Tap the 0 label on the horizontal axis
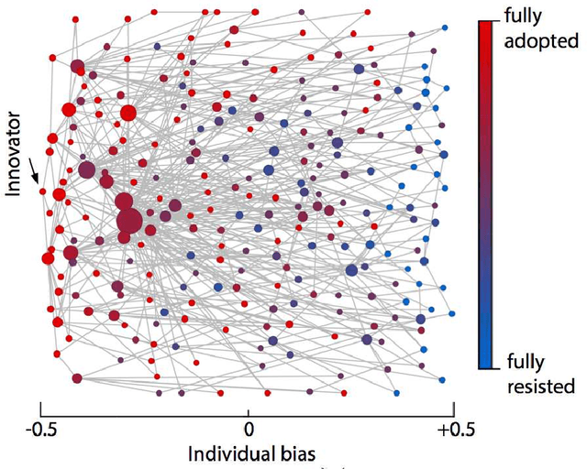(x=248, y=428)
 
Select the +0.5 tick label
(x=456, y=428)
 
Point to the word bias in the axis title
(x=295, y=453)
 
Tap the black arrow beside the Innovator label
(x=34, y=169)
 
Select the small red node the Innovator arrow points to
(x=40, y=190)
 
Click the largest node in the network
(x=129, y=221)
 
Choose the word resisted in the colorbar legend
(x=541, y=386)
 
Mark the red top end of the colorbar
(x=485, y=25)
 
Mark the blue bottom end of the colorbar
(x=485, y=364)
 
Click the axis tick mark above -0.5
(x=39, y=409)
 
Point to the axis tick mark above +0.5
(x=455, y=409)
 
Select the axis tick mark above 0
(x=248, y=409)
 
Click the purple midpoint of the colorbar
(x=485, y=194)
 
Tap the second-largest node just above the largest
(x=123, y=203)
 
